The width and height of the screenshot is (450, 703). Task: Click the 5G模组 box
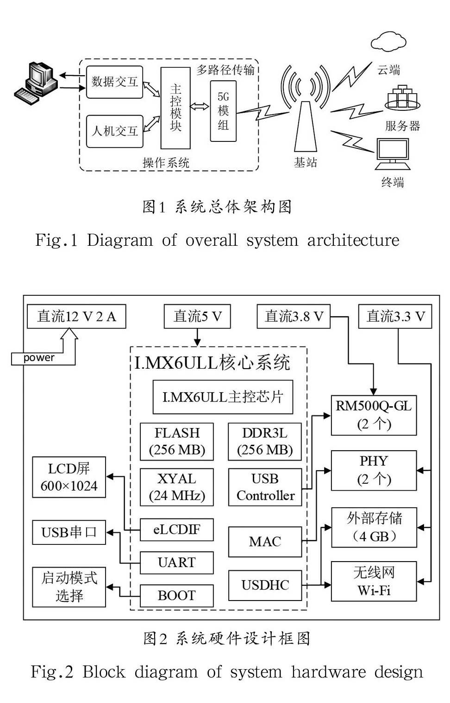[223, 111]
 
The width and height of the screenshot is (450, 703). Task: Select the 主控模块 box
[175, 108]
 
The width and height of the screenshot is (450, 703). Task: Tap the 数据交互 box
[114, 82]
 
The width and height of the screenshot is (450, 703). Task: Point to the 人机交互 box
[114, 131]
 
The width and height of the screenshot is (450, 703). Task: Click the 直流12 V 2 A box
[76, 317]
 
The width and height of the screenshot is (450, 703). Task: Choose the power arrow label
[39, 358]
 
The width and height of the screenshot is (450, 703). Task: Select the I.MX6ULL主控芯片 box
[223, 397]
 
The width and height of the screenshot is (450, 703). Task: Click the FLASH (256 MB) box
[177, 441]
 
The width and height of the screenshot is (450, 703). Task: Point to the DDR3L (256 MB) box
[265, 441]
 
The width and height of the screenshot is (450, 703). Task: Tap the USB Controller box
[265, 487]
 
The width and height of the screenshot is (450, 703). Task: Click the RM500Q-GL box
[374, 415]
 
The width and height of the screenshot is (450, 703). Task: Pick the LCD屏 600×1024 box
[69, 477]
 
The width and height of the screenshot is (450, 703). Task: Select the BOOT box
[177, 595]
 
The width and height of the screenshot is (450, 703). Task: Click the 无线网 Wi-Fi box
[374, 582]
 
